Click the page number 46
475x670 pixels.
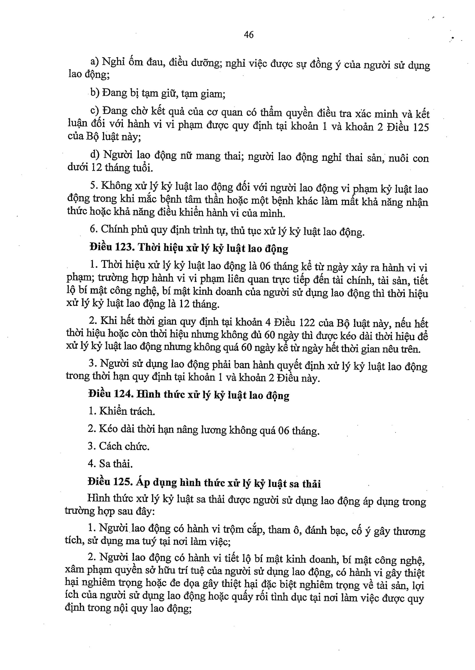(249, 35)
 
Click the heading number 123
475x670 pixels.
(125, 247)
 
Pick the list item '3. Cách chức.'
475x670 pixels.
(119, 446)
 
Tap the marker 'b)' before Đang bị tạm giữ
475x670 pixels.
(95, 93)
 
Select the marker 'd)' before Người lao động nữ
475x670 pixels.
(95, 154)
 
